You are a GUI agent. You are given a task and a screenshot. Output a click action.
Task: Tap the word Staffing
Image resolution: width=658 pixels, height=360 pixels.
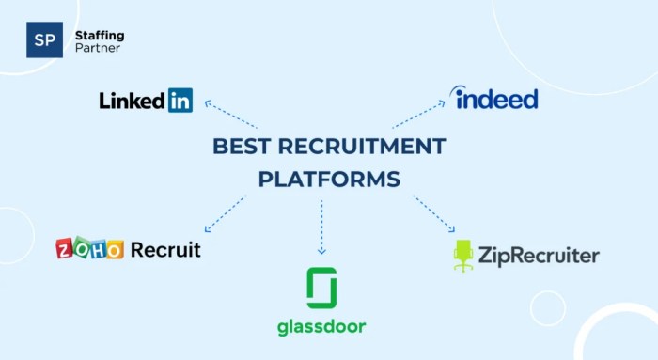coord(99,35)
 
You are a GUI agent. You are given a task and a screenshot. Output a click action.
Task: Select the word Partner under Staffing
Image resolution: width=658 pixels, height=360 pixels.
coord(97,48)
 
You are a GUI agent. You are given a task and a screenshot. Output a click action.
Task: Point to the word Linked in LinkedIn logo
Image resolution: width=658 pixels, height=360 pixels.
coord(133,100)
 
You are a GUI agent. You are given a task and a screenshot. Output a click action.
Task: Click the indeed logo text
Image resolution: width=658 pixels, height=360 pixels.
coord(494,98)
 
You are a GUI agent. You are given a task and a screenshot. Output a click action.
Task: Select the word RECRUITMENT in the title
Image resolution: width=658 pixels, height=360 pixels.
coord(362,146)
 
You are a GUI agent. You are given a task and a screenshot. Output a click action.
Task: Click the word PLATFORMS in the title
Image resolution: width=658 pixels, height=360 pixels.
coord(328,179)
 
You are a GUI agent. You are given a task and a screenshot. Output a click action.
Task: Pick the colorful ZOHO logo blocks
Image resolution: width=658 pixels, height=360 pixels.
coord(89,249)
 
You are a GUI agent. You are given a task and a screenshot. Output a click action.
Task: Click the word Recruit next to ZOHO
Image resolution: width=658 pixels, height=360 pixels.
coord(165,249)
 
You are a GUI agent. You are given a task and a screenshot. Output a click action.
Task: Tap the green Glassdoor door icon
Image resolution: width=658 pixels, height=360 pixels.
coord(321,289)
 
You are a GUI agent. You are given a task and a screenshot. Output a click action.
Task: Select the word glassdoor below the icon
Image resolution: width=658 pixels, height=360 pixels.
coord(321,327)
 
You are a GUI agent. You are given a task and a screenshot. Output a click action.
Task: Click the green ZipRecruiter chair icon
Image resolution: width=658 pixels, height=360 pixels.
coord(463,256)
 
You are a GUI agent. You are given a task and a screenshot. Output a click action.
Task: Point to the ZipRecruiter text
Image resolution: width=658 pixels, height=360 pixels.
coord(538,255)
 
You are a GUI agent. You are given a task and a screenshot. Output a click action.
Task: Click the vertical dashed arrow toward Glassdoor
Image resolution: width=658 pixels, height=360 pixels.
coord(321,227)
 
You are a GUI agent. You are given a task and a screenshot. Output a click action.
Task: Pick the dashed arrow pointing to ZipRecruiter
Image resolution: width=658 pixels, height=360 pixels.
coord(433,213)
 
